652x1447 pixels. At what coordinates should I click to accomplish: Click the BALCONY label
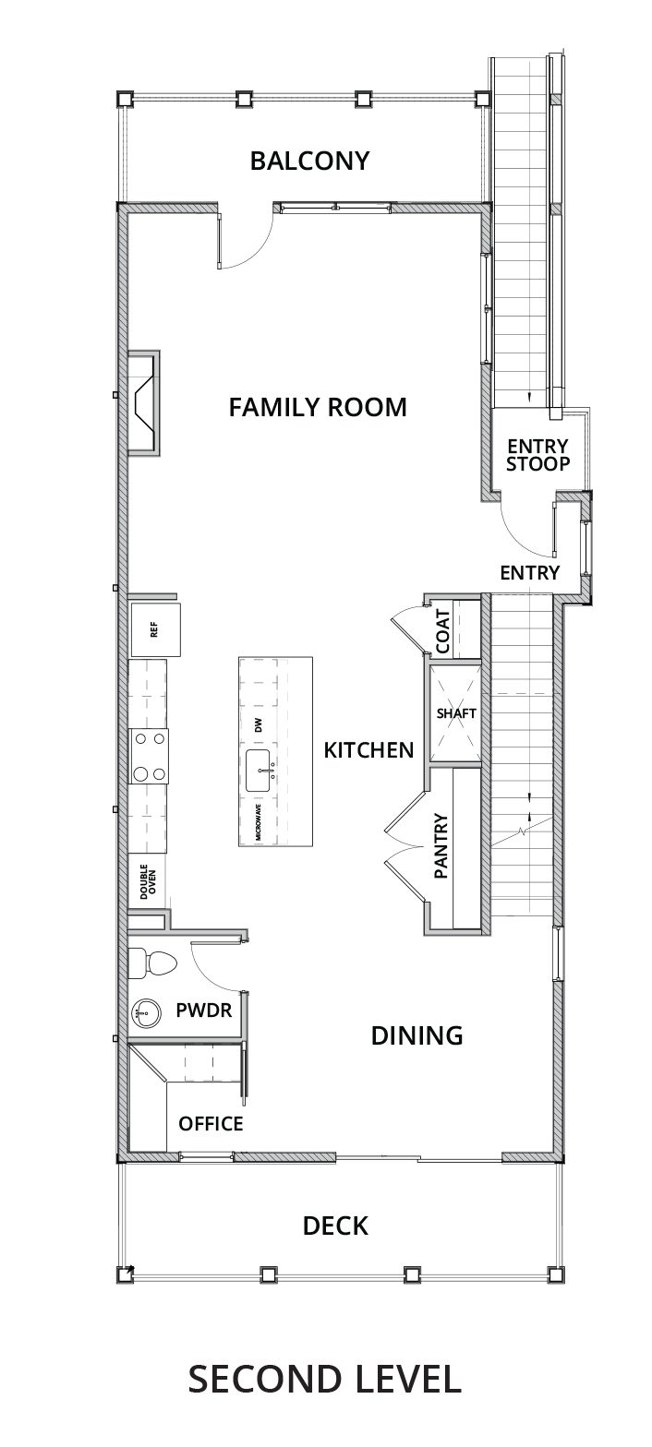pyautogui.click(x=309, y=161)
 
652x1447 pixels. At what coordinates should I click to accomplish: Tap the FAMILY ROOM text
pyautogui.click(x=318, y=407)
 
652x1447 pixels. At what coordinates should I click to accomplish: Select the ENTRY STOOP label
pyautogui.click(x=537, y=455)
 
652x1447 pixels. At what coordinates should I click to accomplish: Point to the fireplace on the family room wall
pyautogui.click(x=143, y=404)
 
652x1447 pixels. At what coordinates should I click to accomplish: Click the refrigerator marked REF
pyautogui.click(x=154, y=629)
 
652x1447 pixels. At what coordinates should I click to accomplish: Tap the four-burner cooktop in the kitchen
pyautogui.click(x=149, y=756)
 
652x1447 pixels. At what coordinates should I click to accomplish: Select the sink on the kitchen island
pyautogui.click(x=261, y=771)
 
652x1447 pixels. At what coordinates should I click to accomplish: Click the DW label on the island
pyautogui.click(x=260, y=725)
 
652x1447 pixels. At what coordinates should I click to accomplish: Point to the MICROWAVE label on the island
pyautogui.click(x=259, y=821)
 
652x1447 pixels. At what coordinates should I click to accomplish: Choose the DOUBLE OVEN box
pyautogui.click(x=148, y=881)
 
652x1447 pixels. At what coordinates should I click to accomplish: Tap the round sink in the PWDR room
pyautogui.click(x=147, y=1012)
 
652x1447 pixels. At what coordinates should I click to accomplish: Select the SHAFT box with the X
pyautogui.click(x=456, y=713)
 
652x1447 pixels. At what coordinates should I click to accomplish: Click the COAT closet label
pyautogui.click(x=443, y=631)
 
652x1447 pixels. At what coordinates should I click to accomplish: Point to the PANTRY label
pyautogui.click(x=441, y=845)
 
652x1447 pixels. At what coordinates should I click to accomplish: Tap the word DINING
pyautogui.click(x=417, y=1035)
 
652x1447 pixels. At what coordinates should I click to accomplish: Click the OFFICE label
pyautogui.click(x=211, y=1124)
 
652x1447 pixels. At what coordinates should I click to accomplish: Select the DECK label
pyautogui.click(x=335, y=1226)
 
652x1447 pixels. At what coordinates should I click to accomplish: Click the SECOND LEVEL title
pyautogui.click(x=324, y=1378)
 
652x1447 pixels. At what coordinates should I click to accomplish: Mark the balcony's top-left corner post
pyautogui.click(x=124, y=99)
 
